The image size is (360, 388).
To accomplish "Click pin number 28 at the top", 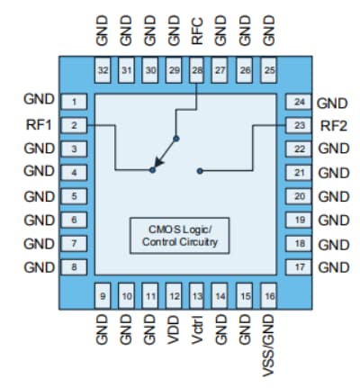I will (197, 69).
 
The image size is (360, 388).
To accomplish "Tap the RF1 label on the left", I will (39, 124).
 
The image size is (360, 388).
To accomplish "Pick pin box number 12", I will (174, 294).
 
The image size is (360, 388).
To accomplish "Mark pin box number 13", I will (197, 294).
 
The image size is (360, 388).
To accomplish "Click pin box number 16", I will (268, 294).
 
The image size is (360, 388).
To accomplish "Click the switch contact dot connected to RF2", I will (200, 169).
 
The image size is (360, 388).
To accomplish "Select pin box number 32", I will (103, 69).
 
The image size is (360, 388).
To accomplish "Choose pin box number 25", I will (268, 69).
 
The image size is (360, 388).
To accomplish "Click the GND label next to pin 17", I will (332, 266).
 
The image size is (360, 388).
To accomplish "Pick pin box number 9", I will (103, 294).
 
